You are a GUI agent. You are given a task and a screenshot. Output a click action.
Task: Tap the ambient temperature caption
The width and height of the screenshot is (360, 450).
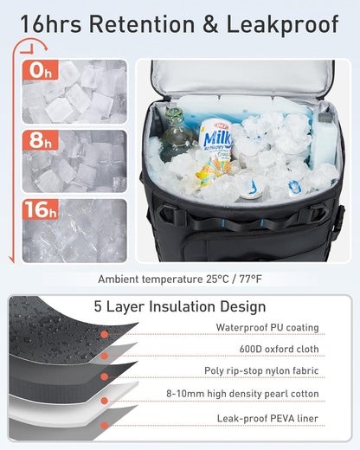coord(179,279)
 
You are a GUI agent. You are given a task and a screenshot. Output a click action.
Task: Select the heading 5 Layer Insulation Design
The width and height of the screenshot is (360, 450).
coord(179,306)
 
